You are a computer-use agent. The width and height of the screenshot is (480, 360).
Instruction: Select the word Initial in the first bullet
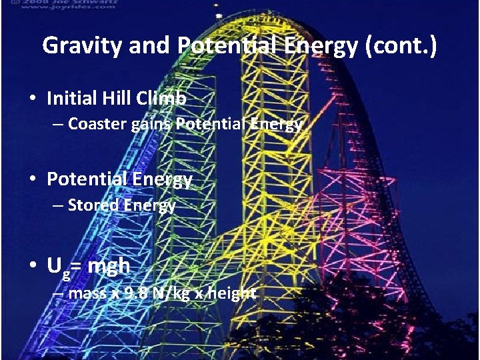click(x=69, y=99)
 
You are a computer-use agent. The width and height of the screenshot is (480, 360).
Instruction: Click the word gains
click(x=151, y=124)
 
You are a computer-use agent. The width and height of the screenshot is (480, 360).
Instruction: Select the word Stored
click(x=94, y=205)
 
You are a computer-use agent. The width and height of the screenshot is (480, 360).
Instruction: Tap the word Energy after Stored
click(x=150, y=205)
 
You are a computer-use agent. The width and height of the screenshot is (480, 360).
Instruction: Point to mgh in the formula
click(x=109, y=267)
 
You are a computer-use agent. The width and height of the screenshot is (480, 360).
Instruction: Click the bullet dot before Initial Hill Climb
click(x=33, y=99)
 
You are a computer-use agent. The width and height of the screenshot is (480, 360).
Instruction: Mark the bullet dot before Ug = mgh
click(x=33, y=267)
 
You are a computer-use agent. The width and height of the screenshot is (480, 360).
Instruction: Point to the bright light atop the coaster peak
click(x=218, y=13)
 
